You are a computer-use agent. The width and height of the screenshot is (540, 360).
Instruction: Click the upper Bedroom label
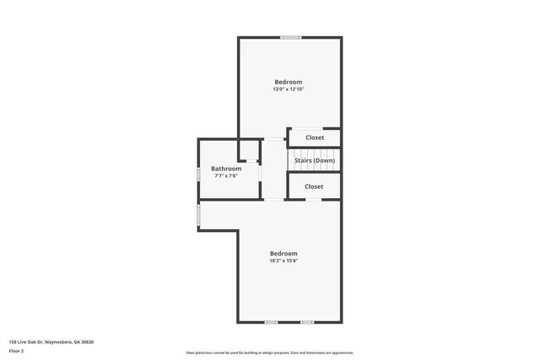pos(288,82)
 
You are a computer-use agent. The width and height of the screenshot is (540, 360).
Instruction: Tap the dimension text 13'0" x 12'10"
pos(288,89)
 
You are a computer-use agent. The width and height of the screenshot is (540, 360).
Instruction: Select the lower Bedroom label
pos(283,254)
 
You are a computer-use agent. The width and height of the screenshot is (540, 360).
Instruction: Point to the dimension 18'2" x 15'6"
pos(283,261)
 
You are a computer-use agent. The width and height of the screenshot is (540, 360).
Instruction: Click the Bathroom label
pos(225,169)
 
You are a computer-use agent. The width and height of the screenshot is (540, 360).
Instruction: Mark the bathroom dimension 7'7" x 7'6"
pos(225,176)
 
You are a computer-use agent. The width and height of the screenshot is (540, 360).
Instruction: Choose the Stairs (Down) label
pos(315,160)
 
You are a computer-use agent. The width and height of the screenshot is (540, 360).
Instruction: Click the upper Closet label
pos(315,137)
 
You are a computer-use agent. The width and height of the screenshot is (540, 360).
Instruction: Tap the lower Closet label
pos(314,186)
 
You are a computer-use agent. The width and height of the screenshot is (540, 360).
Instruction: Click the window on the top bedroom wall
pos(291,37)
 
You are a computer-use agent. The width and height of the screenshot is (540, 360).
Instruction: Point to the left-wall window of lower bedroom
pos(198,217)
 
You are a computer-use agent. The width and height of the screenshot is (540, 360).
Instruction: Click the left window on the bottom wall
pos(271,322)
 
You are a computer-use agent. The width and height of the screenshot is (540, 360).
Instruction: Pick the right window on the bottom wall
pos(307,322)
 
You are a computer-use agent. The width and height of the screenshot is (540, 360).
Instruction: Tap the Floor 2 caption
pos(17,351)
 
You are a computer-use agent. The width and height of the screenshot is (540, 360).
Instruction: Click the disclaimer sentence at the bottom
pos(270,352)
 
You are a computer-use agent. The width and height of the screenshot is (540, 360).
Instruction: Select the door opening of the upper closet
pos(315,128)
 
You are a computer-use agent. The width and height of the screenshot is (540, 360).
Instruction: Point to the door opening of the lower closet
pos(313,199)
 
